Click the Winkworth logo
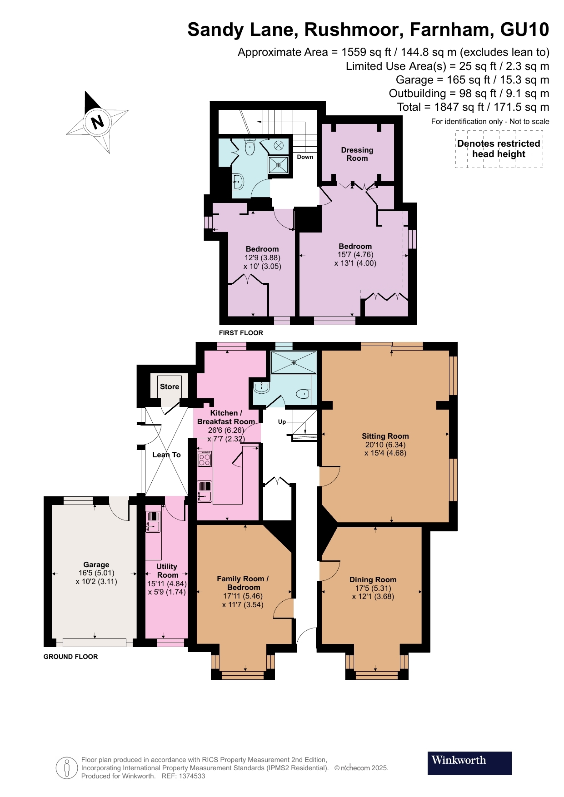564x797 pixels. [x=469, y=763]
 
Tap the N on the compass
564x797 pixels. [x=97, y=122]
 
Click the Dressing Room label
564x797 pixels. [x=357, y=154]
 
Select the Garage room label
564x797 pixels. [x=96, y=564]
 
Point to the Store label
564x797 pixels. [x=169, y=386]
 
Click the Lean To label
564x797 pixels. [x=166, y=455]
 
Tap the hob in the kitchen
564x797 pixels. [x=205, y=459]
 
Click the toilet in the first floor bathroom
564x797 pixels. [x=250, y=147]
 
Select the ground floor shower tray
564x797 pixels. [x=294, y=362]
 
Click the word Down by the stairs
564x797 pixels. [x=305, y=157]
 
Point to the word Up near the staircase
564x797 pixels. [x=282, y=421]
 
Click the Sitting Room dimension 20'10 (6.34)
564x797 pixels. [x=385, y=445]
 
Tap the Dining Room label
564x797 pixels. [x=373, y=579]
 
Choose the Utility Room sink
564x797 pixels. [x=153, y=526]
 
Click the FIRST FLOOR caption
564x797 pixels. [x=241, y=333]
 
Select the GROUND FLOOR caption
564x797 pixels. [x=70, y=657]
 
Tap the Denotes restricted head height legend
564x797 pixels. [x=499, y=149]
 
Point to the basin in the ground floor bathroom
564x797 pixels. [x=261, y=387]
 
